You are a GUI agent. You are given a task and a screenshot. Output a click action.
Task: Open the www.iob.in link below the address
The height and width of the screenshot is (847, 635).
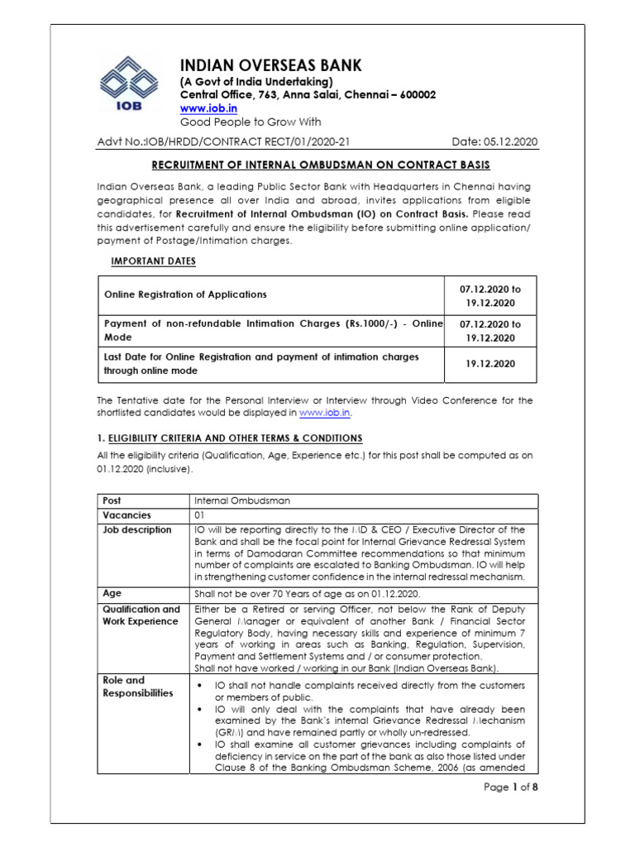click(x=209, y=108)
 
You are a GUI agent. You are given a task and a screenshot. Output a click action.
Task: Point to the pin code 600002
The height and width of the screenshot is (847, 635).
click(x=418, y=95)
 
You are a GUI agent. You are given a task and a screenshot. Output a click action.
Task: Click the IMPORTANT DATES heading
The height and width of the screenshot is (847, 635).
click(x=153, y=261)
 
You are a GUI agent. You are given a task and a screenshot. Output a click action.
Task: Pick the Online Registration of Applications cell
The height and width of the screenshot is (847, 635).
click(x=184, y=294)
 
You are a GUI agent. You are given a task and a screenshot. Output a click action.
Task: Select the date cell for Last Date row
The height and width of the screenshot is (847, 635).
click(x=490, y=363)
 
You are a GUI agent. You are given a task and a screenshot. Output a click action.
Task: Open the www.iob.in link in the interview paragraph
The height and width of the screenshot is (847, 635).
click(x=325, y=411)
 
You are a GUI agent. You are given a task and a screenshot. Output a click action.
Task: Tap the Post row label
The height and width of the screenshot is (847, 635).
click(x=112, y=500)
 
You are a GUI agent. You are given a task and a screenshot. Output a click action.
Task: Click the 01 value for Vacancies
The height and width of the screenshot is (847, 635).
click(x=199, y=514)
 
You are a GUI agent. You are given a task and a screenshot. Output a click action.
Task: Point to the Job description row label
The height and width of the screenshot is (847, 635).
click(x=137, y=530)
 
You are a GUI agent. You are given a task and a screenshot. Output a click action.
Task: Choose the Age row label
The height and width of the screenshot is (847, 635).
click(x=112, y=593)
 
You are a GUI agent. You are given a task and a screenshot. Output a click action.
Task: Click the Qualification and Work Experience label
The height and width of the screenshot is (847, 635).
click(x=141, y=615)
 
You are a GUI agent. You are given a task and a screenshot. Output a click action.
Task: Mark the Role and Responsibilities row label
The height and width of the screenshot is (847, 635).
click(x=138, y=687)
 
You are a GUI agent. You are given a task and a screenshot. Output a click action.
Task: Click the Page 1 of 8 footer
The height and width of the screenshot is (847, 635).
click(x=510, y=787)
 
